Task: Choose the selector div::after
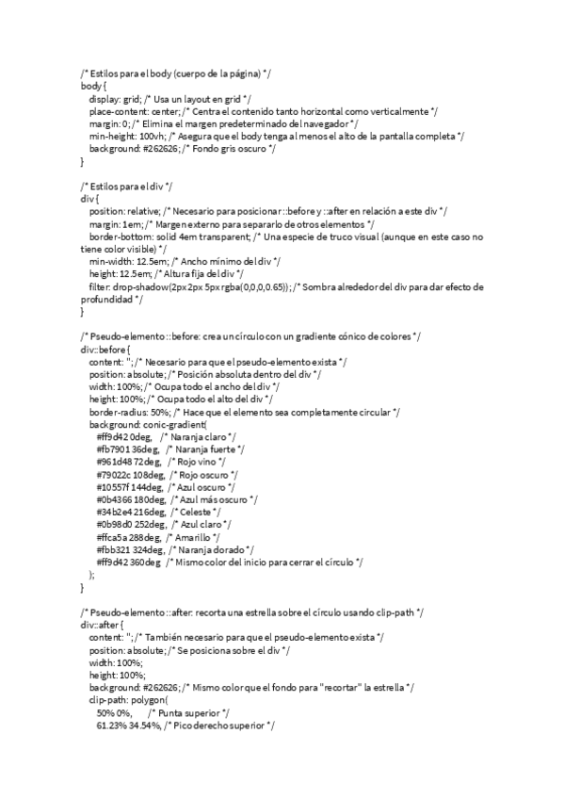pos(100,625)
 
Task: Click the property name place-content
pos(116,111)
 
